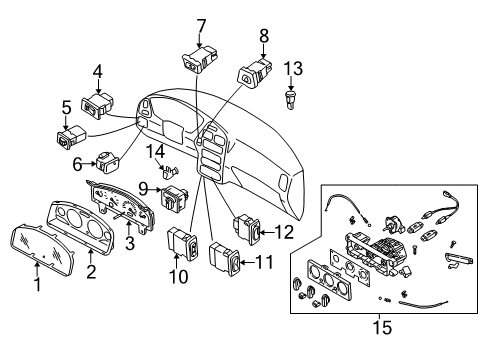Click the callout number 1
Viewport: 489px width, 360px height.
(38, 284)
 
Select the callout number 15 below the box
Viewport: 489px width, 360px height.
(383, 327)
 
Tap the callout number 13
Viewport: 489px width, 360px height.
(293, 68)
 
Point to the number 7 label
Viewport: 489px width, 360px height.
(201, 26)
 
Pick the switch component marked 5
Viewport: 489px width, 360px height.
(71, 136)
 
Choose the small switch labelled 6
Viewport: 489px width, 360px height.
(107, 161)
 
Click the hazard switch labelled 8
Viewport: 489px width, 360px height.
(255, 74)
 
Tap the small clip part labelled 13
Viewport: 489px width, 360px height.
(291, 99)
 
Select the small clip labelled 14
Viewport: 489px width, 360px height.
(170, 171)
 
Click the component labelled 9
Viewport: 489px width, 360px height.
(174, 199)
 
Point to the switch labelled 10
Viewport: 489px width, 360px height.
(183, 243)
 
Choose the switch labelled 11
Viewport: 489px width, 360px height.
(225, 260)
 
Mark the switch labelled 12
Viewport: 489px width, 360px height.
(248, 228)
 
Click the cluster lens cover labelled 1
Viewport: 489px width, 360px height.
(42, 249)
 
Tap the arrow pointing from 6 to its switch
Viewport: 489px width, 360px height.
(89, 164)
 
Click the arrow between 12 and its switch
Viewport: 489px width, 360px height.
(267, 232)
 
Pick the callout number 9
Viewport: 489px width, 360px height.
(143, 189)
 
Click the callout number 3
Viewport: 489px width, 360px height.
(130, 242)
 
